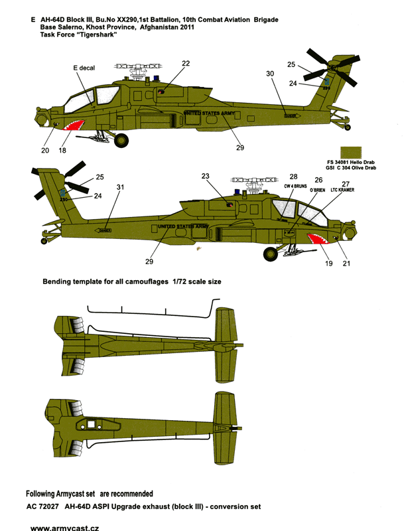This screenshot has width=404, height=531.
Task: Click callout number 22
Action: coord(186,63)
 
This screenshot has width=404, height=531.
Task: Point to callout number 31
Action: coord(119,188)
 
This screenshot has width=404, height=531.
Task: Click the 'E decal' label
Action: coord(80,67)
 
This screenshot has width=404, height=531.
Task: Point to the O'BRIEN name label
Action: coord(318,190)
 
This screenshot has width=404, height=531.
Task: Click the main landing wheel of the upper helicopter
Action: coord(123,139)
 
